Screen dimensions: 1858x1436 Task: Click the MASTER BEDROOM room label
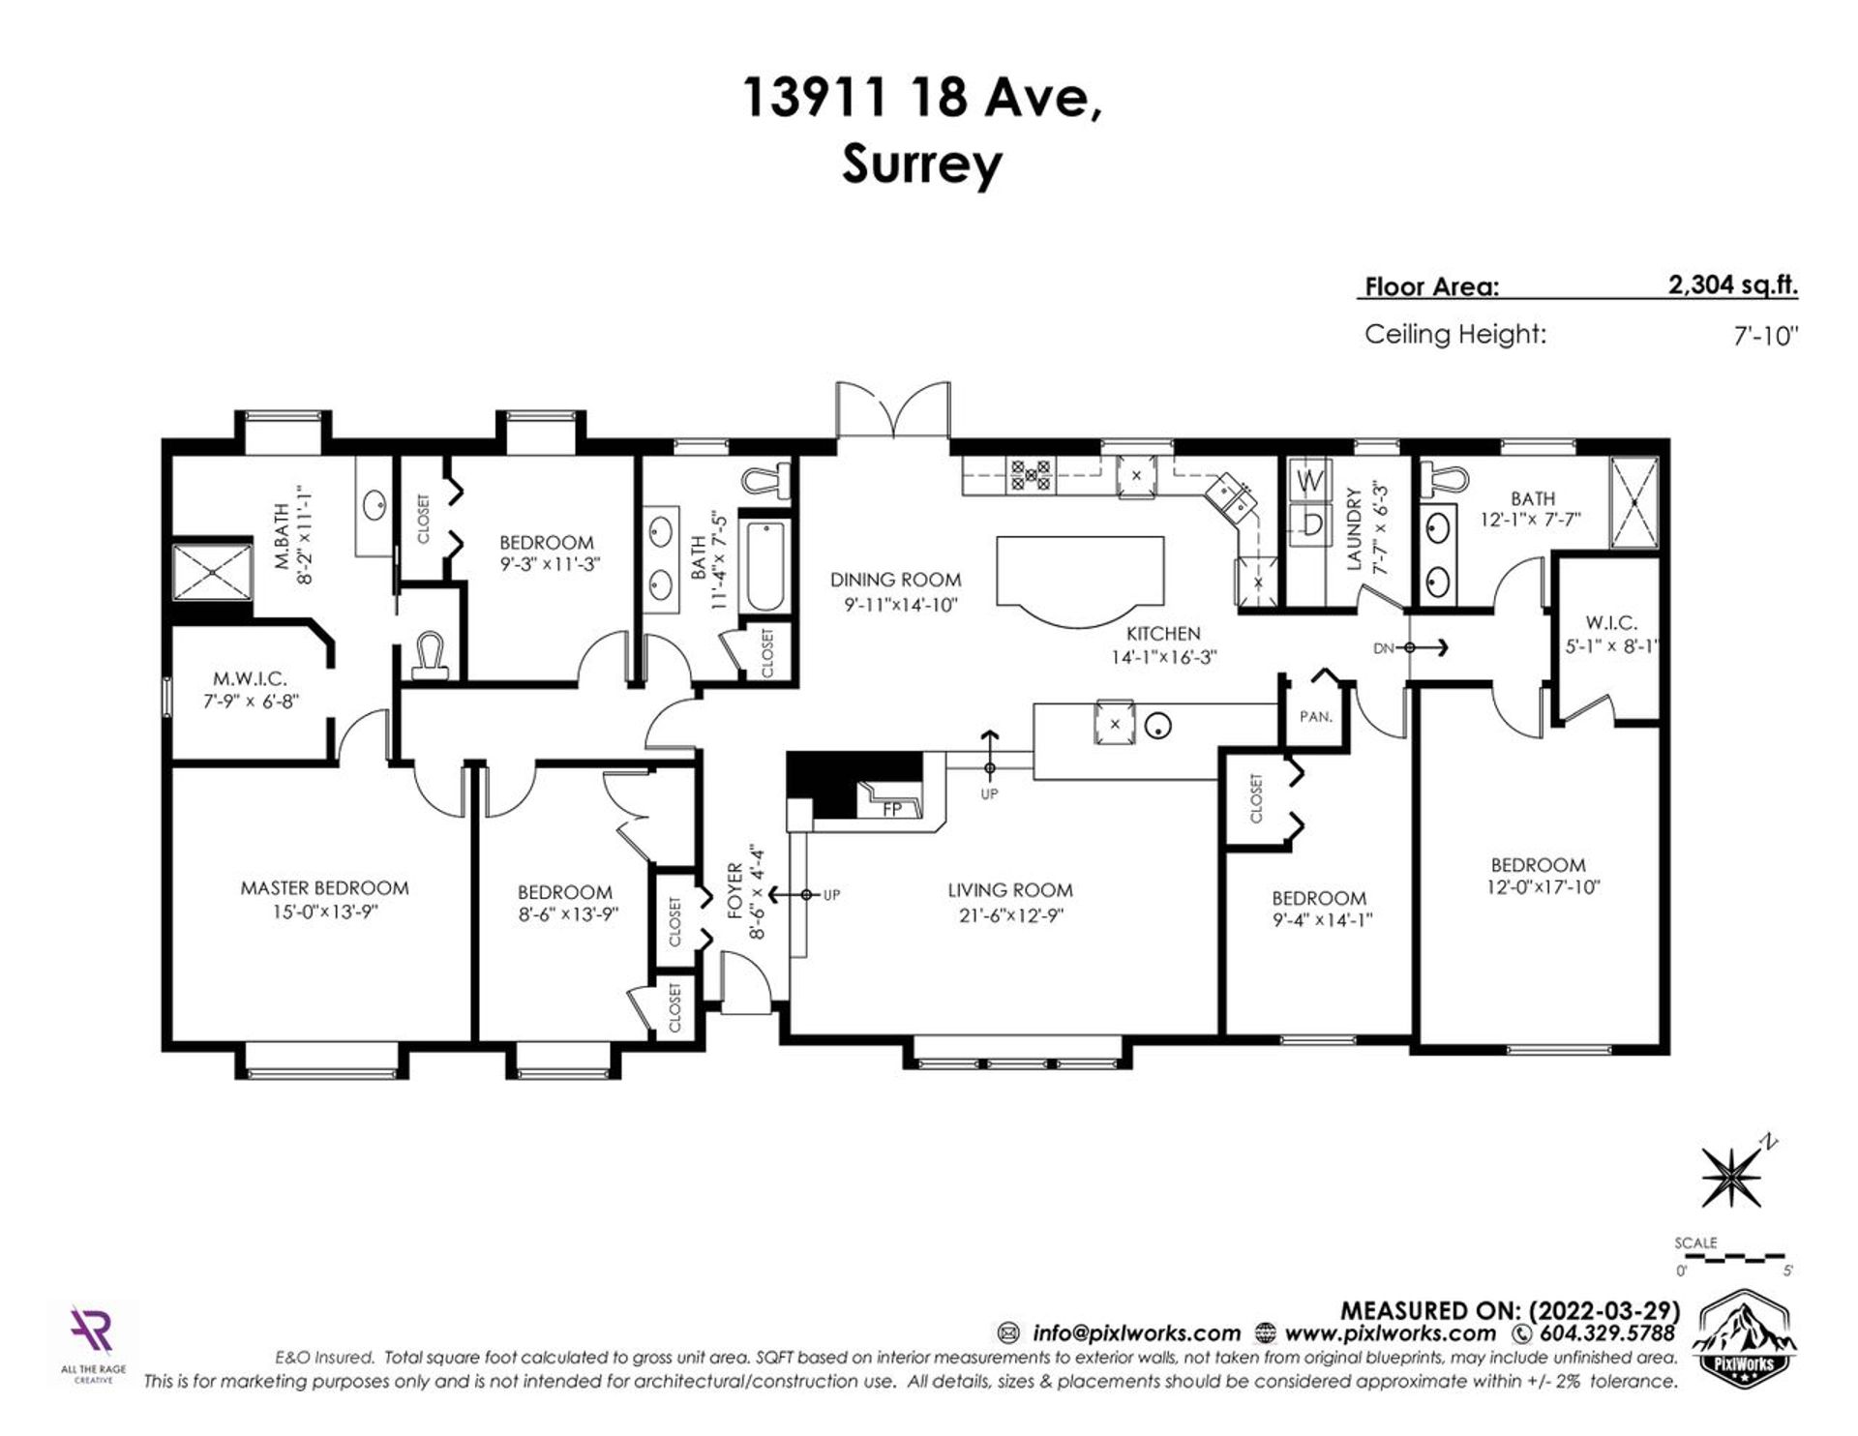[324, 887]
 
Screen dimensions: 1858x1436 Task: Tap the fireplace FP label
[892, 809]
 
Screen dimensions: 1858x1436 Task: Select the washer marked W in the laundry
[1310, 480]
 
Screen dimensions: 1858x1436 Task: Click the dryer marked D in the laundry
[1310, 524]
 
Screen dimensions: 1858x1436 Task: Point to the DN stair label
[1384, 648]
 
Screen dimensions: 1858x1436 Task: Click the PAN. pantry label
[1316, 717]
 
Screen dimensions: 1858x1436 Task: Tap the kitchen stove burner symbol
[1031, 474]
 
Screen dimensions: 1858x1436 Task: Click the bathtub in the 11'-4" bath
[766, 567]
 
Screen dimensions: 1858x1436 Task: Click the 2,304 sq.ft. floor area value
[1732, 285]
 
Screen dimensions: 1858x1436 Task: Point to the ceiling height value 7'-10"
[1766, 336]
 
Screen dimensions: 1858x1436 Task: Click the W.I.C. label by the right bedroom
[1611, 623]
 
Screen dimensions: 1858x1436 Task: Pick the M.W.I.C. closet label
[250, 679]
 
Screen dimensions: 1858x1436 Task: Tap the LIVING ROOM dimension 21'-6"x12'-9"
[1009, 915]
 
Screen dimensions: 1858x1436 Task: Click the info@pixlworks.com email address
[1136, 1333]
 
